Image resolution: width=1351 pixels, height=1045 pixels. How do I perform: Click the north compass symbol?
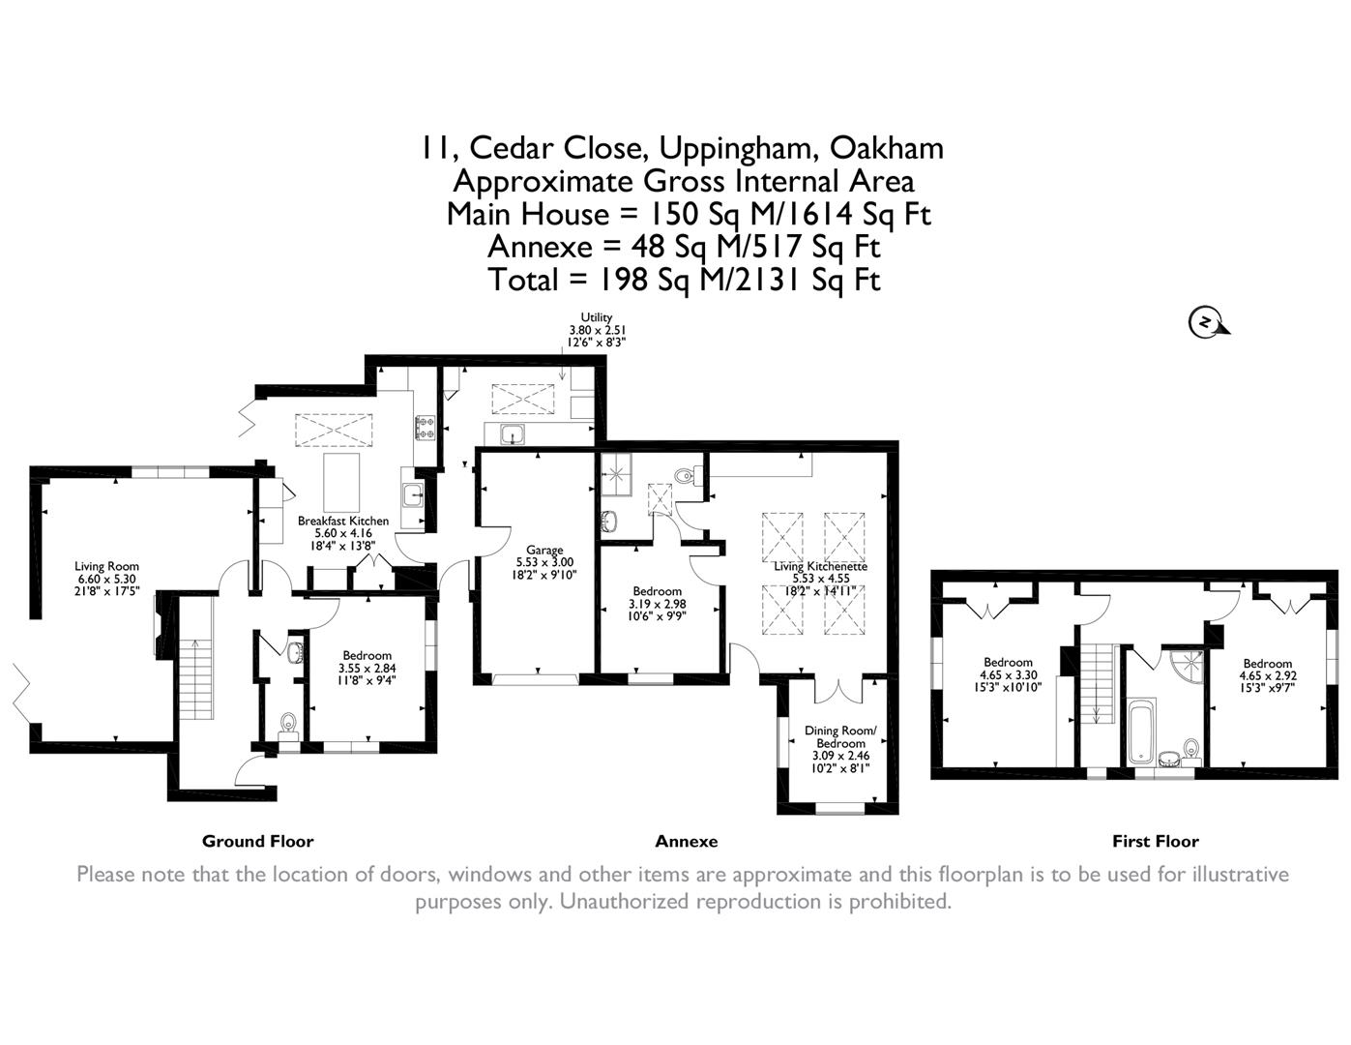(x=1205, y=321)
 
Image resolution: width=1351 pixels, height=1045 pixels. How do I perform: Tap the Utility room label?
(x=597, y=317)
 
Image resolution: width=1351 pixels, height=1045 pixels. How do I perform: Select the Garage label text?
(x=544, y=551)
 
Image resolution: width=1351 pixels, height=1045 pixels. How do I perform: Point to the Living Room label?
(x=106, y=567)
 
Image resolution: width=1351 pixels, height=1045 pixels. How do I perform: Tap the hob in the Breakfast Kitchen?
(x=425, y=427)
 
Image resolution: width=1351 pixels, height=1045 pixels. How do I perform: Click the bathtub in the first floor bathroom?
(x=1139, y=732)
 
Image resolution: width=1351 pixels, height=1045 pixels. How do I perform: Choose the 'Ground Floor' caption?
(x=257, y=841)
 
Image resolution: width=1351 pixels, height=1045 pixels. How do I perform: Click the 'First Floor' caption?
(x=1155, y=841)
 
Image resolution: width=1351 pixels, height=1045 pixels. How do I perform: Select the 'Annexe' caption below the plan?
(x=686, y=841)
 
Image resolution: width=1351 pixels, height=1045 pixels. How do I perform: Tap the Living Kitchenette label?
(x=820, y=566)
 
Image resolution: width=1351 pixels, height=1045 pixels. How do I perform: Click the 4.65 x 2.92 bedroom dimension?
(x=1267, y=675)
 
